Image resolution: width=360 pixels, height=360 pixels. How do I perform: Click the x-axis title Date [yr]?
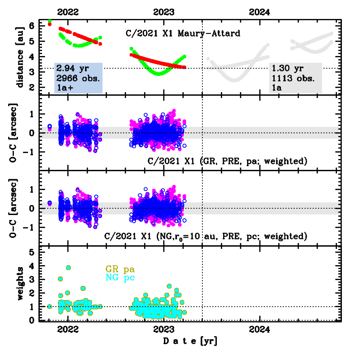pos(190,341)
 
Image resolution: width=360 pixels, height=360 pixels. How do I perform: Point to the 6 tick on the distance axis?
pos(31,26)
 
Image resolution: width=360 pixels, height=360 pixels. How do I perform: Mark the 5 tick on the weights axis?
pos(31,252)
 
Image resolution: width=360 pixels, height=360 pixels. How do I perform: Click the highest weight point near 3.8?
pos(68,267)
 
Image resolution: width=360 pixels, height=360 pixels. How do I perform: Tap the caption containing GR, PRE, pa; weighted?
pos(228,161)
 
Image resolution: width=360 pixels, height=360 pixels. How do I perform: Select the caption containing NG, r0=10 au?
pos(206,236)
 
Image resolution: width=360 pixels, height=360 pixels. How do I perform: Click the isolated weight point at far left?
pos(50,306)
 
